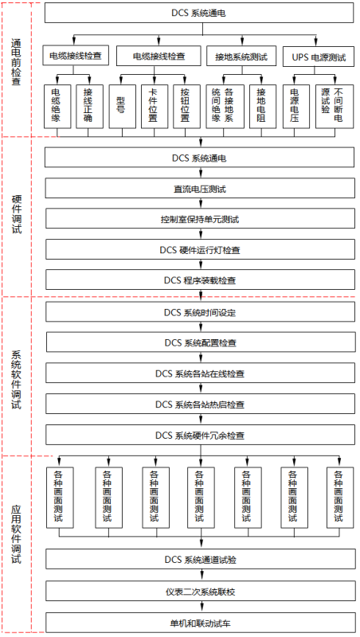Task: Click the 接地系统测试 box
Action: click(x=241, y=56)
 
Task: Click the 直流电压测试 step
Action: click(x=200, y=188)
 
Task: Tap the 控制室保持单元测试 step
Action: click(x=200, y=218)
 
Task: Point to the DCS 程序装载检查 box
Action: click(x=200, y=279)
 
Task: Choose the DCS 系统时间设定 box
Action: click(x=200, y=312)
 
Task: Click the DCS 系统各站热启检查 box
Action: click(x=200, y=404)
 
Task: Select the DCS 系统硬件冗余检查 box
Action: click(x=200, y=436)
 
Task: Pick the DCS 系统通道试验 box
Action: click(x=200, y=560)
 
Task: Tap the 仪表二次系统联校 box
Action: click(x=200, y=591)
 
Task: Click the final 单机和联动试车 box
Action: click(x=200, y=621)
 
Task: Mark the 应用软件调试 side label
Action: click(x=17, y=533)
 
